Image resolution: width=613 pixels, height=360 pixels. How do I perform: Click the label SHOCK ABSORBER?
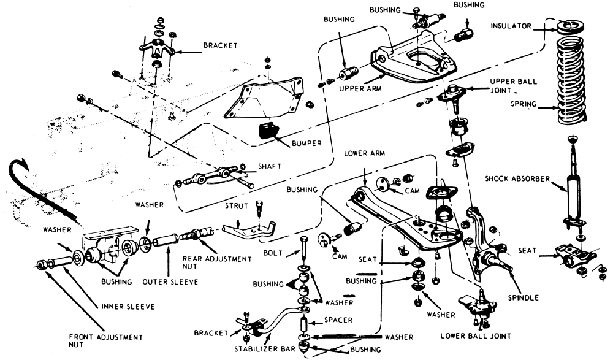pos(519,179)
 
